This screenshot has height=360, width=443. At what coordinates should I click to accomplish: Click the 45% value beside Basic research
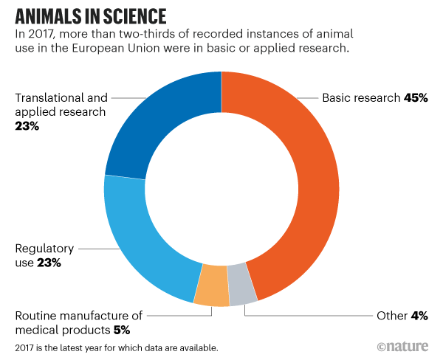tap(416, 98)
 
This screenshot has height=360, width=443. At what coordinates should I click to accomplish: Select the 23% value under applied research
tap(27, 126)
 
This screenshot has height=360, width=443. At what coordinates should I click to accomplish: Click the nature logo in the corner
tap(403, 346)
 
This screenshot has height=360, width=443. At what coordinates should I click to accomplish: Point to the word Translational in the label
tap(46, 98)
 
